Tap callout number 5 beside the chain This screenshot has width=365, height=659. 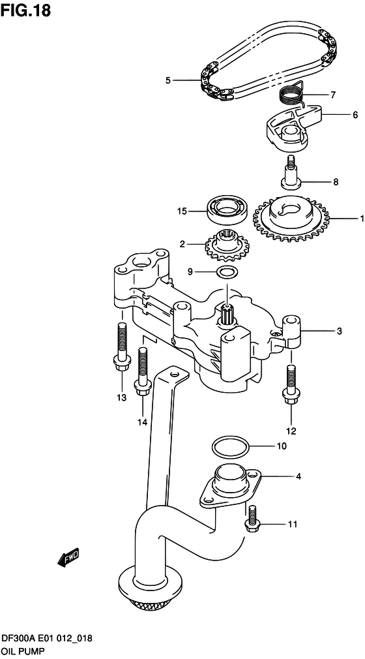168,81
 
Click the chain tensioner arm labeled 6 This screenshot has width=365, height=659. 290,127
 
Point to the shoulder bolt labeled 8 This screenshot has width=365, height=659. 291,170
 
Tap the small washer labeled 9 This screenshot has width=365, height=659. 226,271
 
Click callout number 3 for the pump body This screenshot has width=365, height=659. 339,331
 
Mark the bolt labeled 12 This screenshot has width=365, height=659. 290,385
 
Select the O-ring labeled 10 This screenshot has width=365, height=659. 230,448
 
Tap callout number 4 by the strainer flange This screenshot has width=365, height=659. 299,477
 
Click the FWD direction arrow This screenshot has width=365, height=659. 67,556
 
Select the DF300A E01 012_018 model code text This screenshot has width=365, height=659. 46,641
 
